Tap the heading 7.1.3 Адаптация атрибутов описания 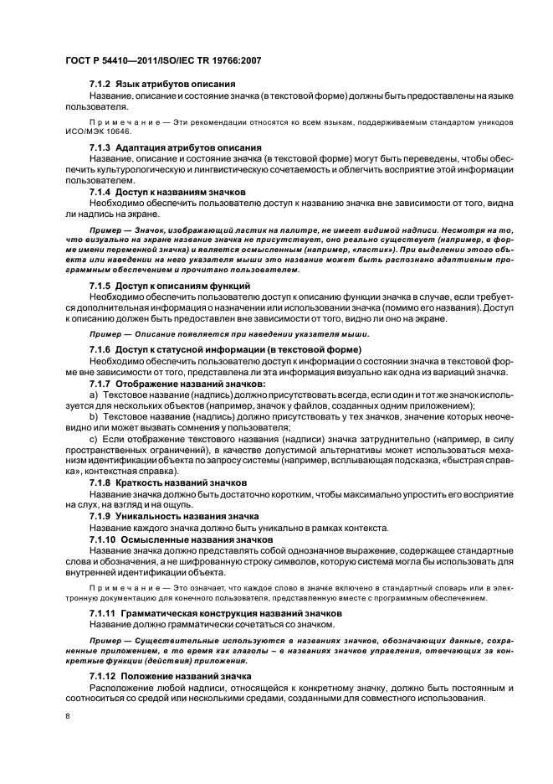[176, 147]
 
